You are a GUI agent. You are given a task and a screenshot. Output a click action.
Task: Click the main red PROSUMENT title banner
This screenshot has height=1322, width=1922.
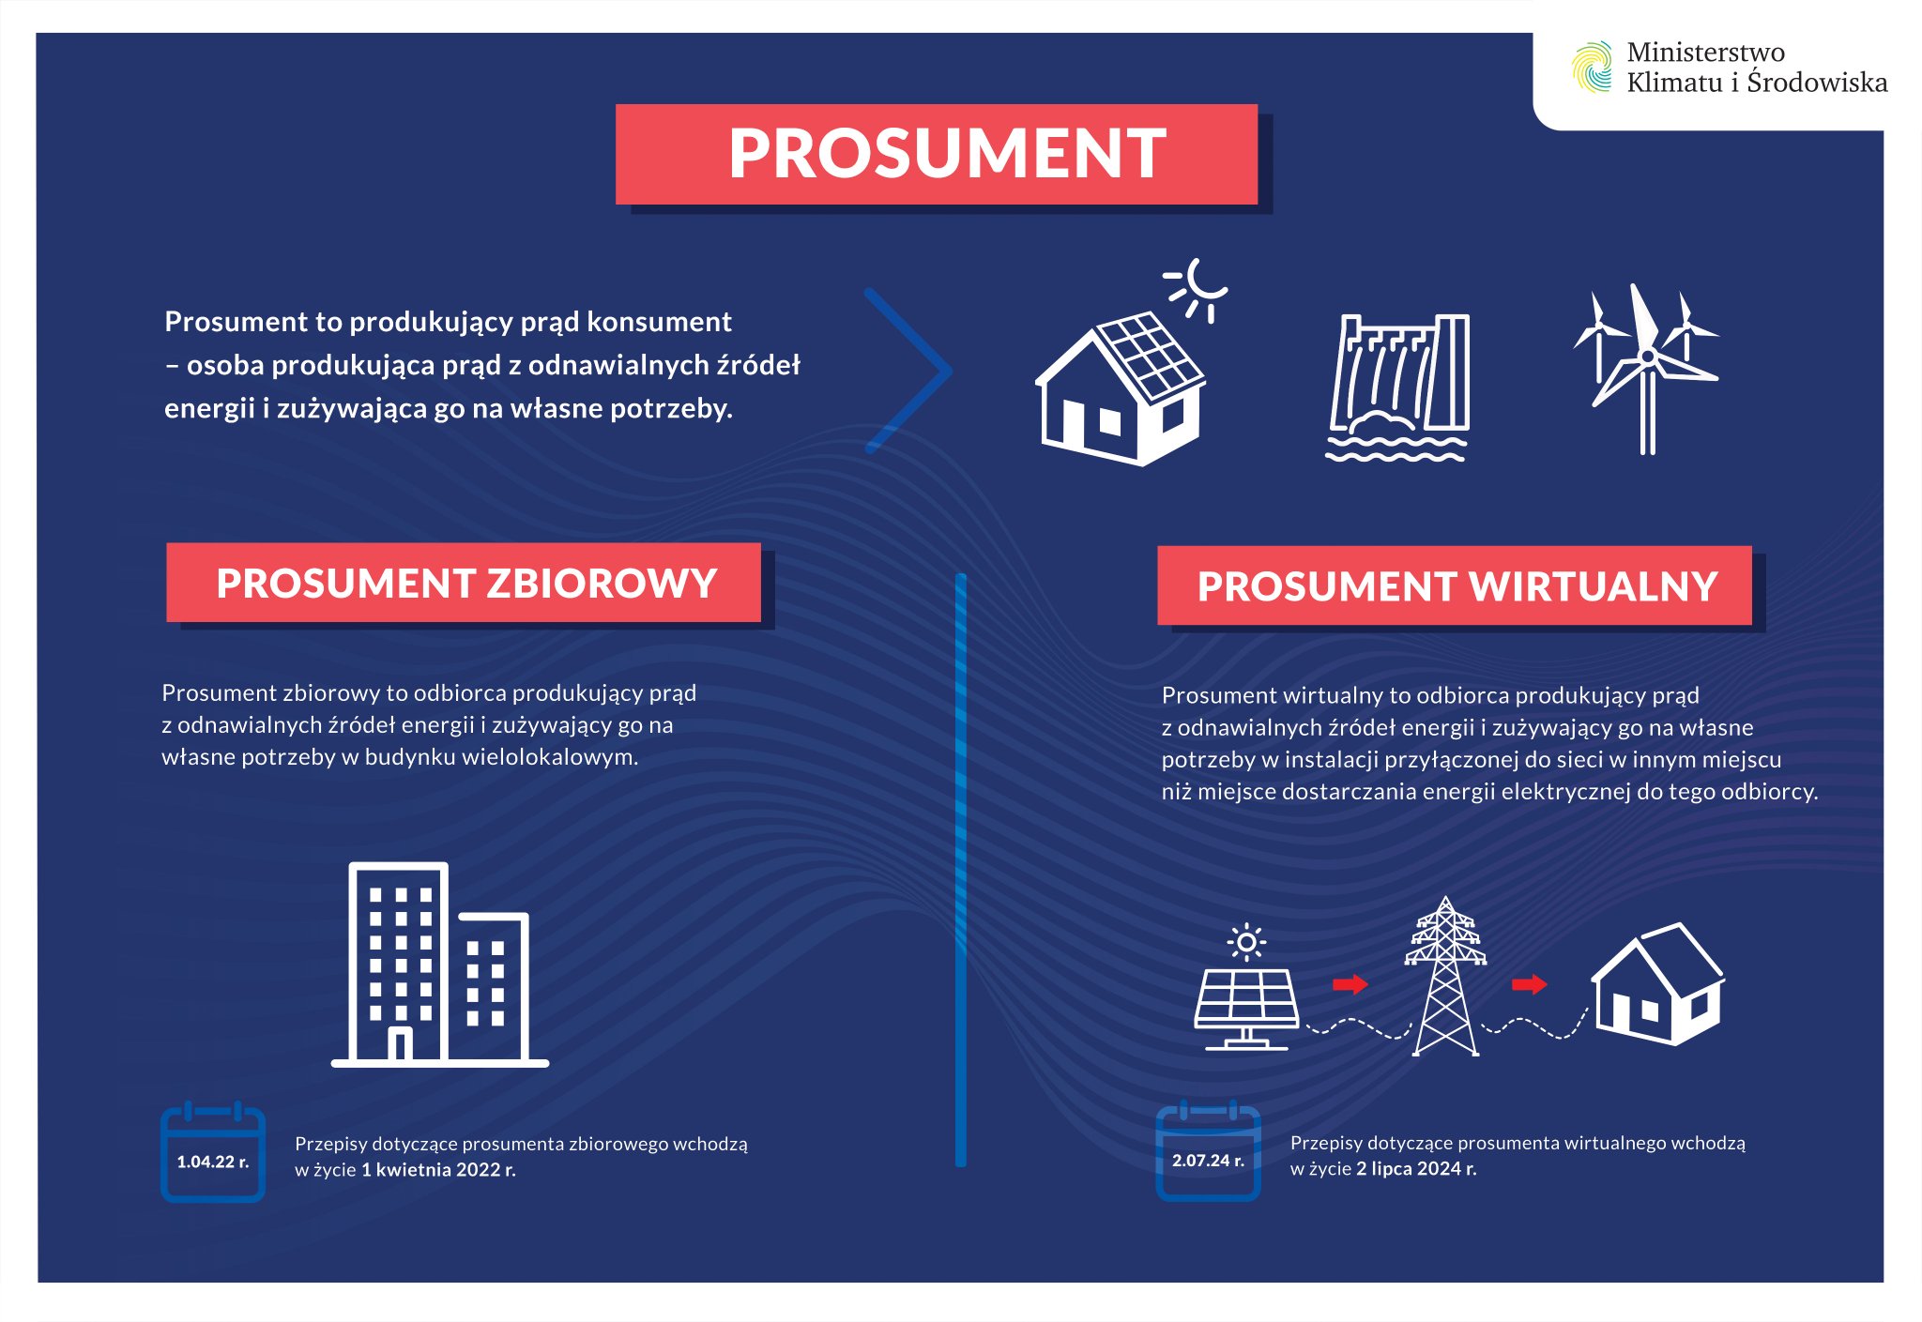(937, 154)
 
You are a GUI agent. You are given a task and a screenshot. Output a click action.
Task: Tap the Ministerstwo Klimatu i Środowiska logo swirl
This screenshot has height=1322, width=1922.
(1592, 67)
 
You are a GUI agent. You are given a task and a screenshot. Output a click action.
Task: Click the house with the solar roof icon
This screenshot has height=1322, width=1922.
(1120, 388)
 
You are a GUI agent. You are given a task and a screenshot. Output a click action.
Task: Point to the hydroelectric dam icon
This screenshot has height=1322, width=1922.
(1398, 387)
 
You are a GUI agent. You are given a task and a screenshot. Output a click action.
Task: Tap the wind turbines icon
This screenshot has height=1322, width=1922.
(1646, 370)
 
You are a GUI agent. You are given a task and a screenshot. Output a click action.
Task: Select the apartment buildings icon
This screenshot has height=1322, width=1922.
(439, 965)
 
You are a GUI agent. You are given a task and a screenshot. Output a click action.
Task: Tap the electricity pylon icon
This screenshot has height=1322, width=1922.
(1445, 977)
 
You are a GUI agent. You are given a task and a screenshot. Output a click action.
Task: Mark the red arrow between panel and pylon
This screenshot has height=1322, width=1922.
(1350, 984)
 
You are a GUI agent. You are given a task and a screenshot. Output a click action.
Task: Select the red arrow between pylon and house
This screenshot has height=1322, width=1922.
(1529, 984)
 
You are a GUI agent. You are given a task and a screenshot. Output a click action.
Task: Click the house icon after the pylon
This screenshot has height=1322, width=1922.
(1657, 983)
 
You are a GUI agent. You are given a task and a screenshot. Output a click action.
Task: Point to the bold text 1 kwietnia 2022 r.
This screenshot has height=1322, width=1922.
(438, 1170)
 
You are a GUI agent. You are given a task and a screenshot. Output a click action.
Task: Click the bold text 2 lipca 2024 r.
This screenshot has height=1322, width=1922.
(1416, 1169)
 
